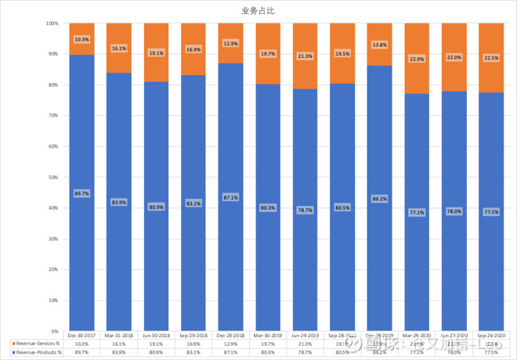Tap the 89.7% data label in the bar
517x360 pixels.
click(x=82, y=193)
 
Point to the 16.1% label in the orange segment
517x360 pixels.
click(x=119, y=49)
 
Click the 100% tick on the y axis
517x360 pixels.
click(x=52, y=23)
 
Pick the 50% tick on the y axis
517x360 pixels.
click(x=52, y=178)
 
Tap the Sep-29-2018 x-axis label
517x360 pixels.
click(x=193, y=337)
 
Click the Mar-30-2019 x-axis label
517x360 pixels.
click(x=268, y=337)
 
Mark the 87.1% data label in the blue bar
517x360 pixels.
click(x=231, y=197)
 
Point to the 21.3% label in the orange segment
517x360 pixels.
click(x=305, y=56)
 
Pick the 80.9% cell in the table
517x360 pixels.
click(x=157, y=353)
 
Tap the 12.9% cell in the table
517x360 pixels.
click(x=231, y=344)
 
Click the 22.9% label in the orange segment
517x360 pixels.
click(x=417, y=59)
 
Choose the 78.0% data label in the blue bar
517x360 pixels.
click(x=454, y=211)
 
